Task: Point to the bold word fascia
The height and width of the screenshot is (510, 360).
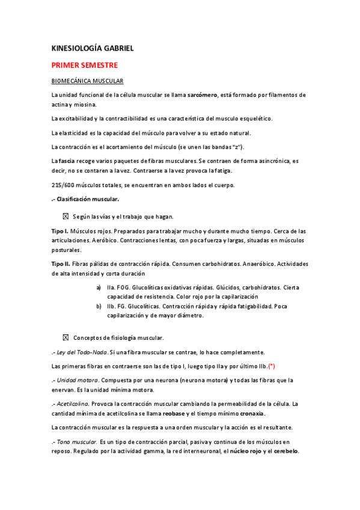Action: click(67, 161)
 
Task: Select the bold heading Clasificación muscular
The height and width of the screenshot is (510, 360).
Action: click(88, 199)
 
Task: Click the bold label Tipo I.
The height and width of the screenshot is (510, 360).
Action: click(60, 231)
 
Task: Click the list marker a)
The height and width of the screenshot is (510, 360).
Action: click(99, 287)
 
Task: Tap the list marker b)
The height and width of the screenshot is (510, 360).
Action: click(99, 306)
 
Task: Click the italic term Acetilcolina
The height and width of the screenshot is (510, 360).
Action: click(73, 404)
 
